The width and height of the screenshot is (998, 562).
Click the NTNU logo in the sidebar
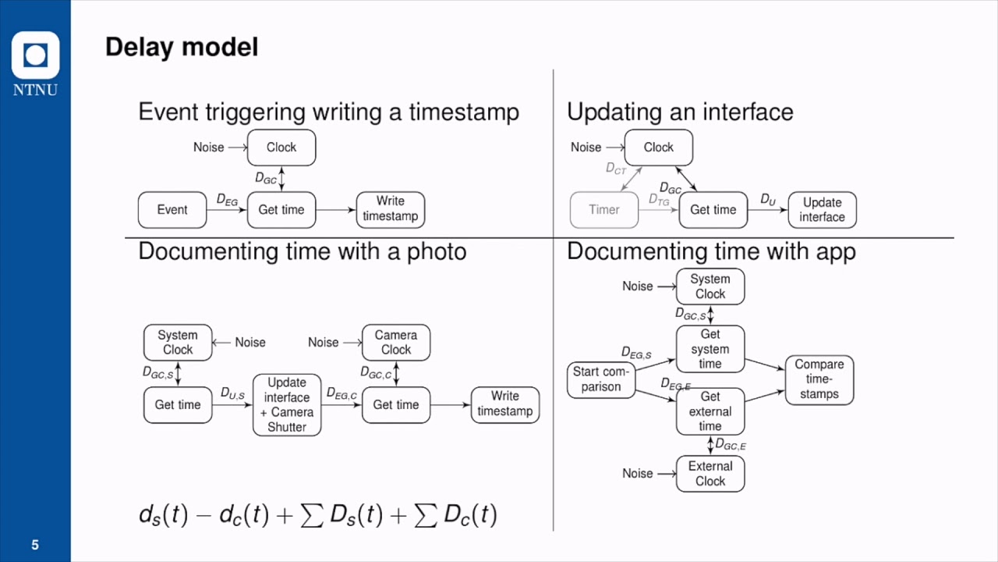[x=35, y=63]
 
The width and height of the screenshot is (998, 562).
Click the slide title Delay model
[x=181, y=47]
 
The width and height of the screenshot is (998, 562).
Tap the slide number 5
[x=35, y=545]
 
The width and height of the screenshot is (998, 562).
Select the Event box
[x=172, y=210]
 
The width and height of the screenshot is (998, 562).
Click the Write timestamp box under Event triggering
[x=391, y=210]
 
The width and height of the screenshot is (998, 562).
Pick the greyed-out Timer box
[x=604, y=210]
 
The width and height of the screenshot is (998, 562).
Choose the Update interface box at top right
[x=822, y=210]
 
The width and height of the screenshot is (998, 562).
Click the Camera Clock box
[x=396, y=343]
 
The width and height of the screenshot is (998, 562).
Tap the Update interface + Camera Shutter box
[x=287, y=404]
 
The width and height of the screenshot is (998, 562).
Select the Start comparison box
[x=601, y=379]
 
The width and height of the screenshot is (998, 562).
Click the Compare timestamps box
[x=819, y=379]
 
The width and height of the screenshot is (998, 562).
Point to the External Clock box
[x=710, y=474]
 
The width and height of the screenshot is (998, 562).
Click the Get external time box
[x=710, y=411]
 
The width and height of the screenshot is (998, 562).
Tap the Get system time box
[x=710, y=349]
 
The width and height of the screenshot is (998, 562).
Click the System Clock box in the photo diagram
[x=178, y=343]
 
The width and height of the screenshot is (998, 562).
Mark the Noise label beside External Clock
[x=638, y=474]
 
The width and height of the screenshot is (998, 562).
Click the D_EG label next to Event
[x=227, y=200]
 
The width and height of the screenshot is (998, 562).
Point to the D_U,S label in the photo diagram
[x=232, y=394]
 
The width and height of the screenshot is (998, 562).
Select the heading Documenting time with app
[x=711, y=251]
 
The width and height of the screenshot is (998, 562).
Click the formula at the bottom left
[x=317, y=515]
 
